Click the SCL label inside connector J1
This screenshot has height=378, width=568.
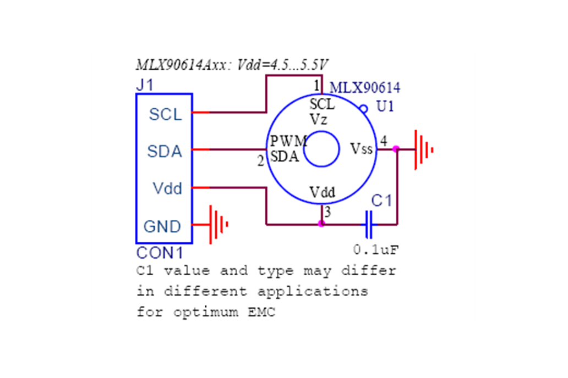pyautogui.click(x=165, y=115)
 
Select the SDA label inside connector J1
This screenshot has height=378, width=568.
pyautogui.click(x=165, y=152)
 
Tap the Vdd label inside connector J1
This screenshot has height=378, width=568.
pyautogui.click(x=167, y=188)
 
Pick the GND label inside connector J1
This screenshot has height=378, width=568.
pyautogui.click(x=162, y=226)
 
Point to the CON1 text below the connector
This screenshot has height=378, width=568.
pyautogui.click(x=160, y=254)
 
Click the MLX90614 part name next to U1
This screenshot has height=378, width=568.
pyautogui.click(x=364, y=88)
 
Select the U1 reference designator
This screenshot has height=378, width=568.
pyautogui.click(x=385, y=106)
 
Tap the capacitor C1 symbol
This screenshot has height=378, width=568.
pyautogui.click(x=369, y=224)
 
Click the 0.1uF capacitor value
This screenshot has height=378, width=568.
pyautogui.click(x=376, y=249)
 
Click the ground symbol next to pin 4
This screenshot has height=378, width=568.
pyautogui.click(x=422, y=149)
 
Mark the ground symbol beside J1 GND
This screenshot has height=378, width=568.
pyautogui.click(x=219, y=224)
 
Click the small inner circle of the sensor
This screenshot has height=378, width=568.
pyautogui.click(x=321, y=149)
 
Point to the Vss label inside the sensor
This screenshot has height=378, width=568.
pyautogui.click(x=362, y=148)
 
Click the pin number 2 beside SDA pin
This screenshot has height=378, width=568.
pyautogui.click(x=260, y=162)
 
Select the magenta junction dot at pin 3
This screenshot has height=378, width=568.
pyautogui.click(x=321, y=224)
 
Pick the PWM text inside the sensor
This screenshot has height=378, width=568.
pyautogui.click(x=288, y=141)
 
